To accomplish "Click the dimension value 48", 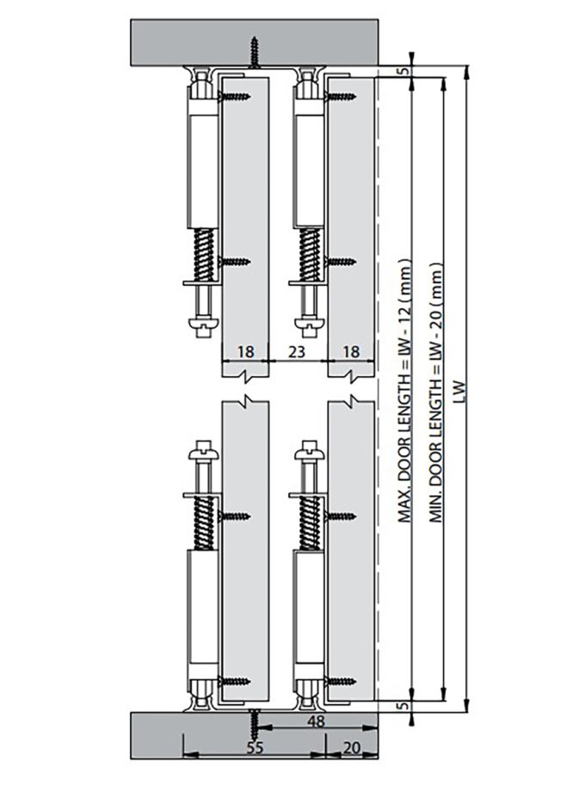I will pos(317,722).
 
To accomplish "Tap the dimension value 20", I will pos(351,748).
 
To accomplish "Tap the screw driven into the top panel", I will pos(255,51).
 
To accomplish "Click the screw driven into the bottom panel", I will pos(255,721).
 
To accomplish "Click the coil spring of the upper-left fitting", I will pos(205,253).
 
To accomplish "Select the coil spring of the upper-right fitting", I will pos(311,253).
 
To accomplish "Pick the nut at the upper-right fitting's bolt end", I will pos(306,325).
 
